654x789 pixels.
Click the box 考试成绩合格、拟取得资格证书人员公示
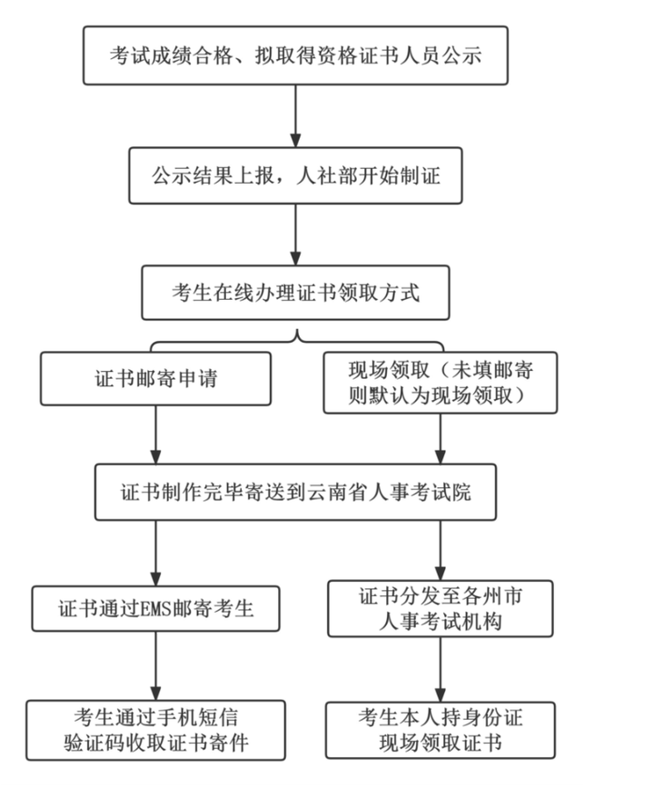pyautogui.click(x=295, y=55)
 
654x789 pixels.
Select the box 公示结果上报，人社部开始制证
pyautogui.click(x=295, y=175)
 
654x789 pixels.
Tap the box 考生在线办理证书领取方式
pyautogui.click(x=295, y=293)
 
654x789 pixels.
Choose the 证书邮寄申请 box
pyautogui.click(x=156, y=378)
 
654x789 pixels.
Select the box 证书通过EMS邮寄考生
pyautogui.click(x=155, y=608)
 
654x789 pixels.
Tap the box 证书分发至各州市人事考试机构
pyautogui.click(x=441, y=610)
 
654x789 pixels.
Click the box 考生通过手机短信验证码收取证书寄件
pyautogui.click(x=155, y=728)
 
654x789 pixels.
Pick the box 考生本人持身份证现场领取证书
pyautogui.click(x=441, y=728)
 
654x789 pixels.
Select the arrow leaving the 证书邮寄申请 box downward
pyautogui.click(x=156, y=434)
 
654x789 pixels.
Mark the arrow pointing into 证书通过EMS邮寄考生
pyautogui.click(x=155, y=553)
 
